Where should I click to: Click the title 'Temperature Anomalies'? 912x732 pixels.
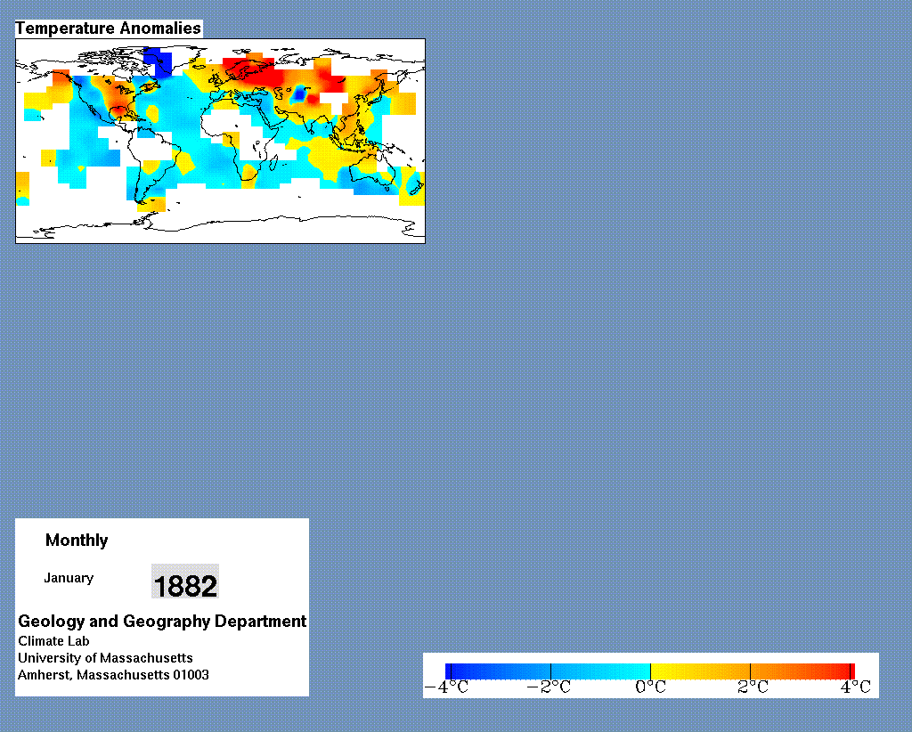(x=108, y=28)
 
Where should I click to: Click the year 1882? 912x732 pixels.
(x=185, y=585)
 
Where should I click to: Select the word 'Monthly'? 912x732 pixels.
(x=77, y=541)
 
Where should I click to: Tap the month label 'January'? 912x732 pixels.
(x=69, y=578)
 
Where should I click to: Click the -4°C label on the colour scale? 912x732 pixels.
(x=447, y=687)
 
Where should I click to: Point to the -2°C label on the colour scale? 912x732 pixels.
(x=549, y=687)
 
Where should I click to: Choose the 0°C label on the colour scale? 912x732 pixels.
(x=650, y=687)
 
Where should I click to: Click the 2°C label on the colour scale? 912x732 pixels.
(x=753, y=687)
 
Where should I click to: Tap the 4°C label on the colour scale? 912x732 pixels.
(x=855, y=687)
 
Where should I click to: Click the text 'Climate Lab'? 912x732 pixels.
(x=53, y=641)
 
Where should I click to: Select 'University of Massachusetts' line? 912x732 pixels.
(x=105, y=658)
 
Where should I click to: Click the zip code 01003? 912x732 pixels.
(x=191, y=675)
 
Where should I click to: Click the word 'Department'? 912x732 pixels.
(x=261, y=621)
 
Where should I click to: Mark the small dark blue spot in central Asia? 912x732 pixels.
(x=300, y=93)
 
